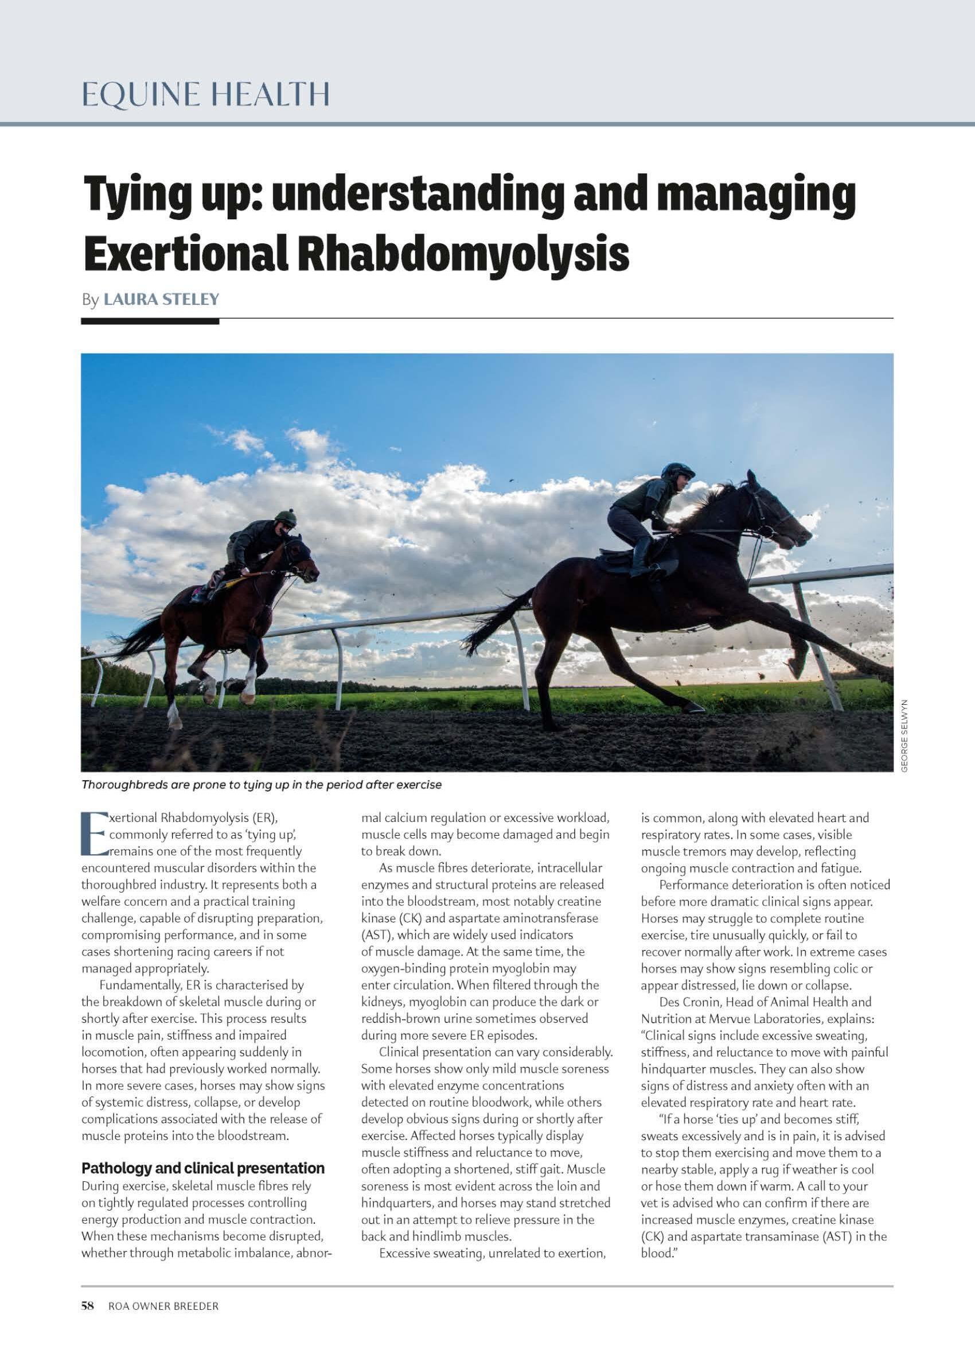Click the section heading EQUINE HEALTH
coord(205,95)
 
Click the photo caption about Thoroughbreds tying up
coord(261,785)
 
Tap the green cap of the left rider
coord(287,515)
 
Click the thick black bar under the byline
coord(150,321)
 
